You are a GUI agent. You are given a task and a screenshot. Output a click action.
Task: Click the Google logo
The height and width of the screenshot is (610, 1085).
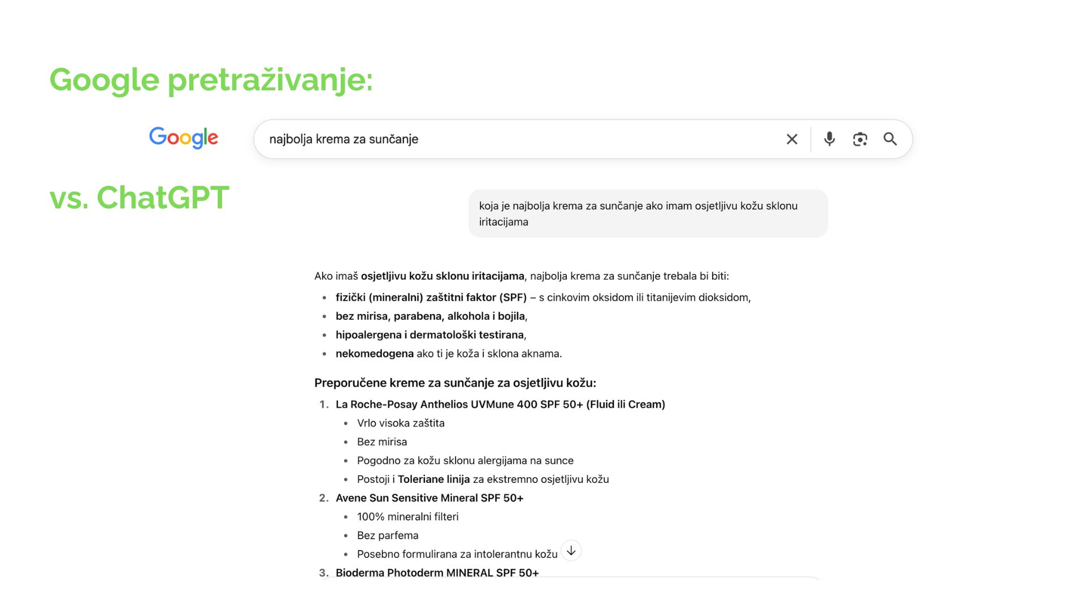[183, 138]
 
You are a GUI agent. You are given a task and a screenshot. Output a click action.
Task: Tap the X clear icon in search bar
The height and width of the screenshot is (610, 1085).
[792, 139]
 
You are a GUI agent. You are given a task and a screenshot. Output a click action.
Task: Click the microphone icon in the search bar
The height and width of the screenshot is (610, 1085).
[829, 139]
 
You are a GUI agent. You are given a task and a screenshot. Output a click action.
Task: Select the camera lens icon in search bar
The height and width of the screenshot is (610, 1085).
[860, 139]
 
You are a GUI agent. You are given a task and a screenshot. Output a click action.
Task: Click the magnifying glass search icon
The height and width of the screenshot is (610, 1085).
[890, 139]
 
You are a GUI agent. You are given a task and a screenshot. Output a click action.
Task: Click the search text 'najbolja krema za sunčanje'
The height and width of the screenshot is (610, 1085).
[344, 139]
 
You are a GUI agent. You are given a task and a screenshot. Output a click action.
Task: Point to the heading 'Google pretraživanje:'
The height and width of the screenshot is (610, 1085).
[211, 80]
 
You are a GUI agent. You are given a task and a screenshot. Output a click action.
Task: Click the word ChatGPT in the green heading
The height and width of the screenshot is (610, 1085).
[163, 198]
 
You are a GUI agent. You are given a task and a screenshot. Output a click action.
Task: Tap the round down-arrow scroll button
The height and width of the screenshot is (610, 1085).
[571, 551]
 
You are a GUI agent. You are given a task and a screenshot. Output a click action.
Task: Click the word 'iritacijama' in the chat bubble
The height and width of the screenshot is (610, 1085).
[504, 222]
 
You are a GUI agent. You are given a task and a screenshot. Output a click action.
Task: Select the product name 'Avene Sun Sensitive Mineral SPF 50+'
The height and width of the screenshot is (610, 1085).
[429, 498]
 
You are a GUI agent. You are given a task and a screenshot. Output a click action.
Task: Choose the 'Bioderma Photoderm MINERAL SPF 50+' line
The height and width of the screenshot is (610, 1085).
[437, 573]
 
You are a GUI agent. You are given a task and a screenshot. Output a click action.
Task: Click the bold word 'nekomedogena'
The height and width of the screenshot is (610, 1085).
[375, 354]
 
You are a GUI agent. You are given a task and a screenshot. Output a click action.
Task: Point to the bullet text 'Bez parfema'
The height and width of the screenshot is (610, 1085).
[388, 535]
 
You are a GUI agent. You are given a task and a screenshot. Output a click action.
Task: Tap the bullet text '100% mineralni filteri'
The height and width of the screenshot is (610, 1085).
[407, 517]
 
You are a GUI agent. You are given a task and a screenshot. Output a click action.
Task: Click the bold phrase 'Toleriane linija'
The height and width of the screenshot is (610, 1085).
[433, 480]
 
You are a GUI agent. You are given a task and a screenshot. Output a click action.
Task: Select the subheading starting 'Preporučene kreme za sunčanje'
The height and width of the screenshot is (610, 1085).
[455, 383]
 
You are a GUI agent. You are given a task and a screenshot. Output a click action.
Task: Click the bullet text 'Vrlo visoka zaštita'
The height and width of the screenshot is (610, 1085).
[401, 423]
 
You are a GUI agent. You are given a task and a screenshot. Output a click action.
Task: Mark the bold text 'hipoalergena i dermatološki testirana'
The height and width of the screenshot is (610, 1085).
[429, 335]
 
